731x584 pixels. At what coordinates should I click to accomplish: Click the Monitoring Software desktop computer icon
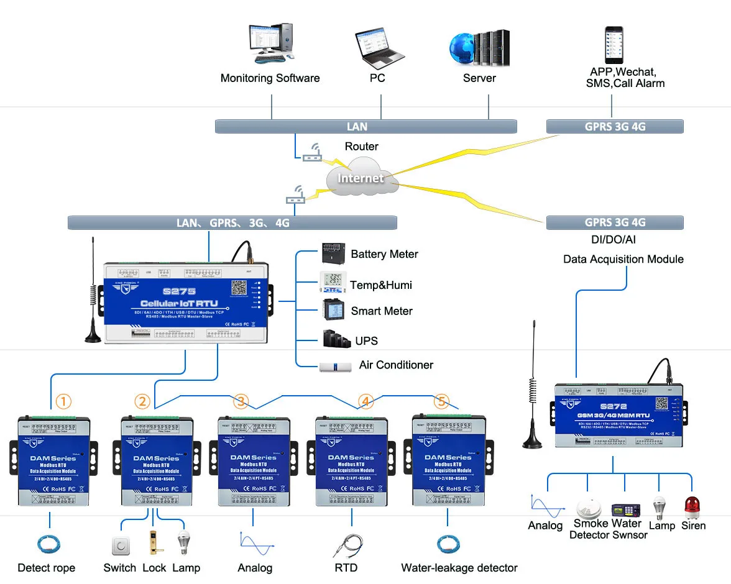click(270, 43)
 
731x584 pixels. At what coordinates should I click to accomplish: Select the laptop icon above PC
click(376, 48)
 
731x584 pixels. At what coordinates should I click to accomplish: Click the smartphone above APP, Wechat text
click(614, 45)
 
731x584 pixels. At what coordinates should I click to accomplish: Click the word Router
click(361, 147)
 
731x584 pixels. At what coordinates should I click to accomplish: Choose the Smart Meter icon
click(331, 310)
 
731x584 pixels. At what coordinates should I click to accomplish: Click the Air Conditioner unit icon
click(336, 367)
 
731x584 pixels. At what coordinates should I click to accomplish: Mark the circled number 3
click(242, 401)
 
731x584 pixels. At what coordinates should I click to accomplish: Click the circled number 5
click(441, 401)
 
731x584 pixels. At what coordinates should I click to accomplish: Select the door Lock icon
click(152, 542)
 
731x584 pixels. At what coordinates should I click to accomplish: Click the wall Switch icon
click(120, 545)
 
